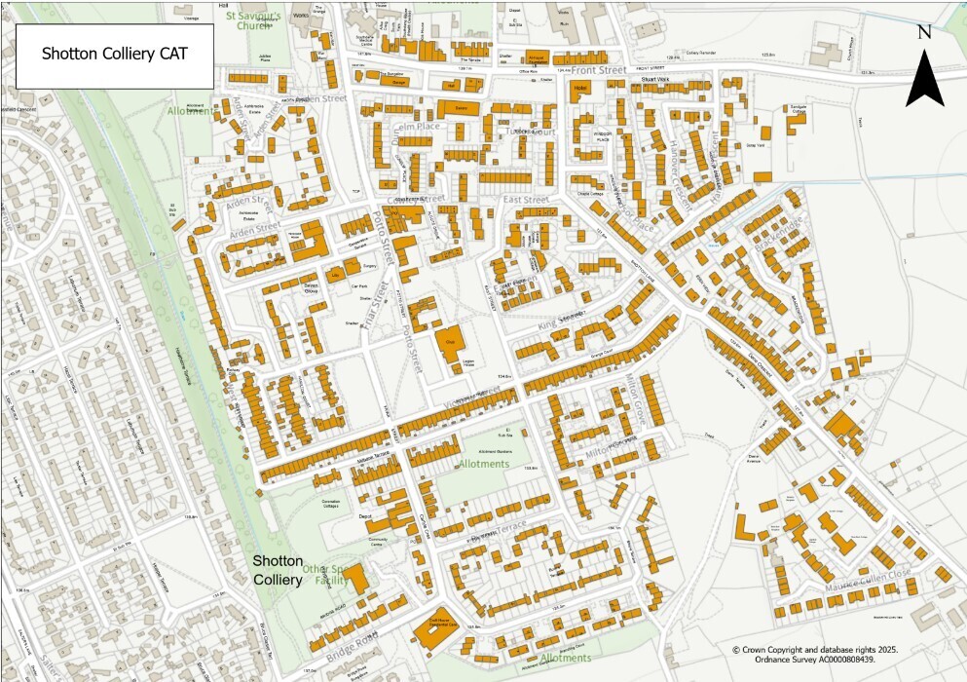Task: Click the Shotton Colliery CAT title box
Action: click(x=114, y=54)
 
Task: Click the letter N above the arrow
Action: click(x=924, y=31)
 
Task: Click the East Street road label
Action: click(x=526, y=200)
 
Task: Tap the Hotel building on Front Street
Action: click(x=581, y=89)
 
